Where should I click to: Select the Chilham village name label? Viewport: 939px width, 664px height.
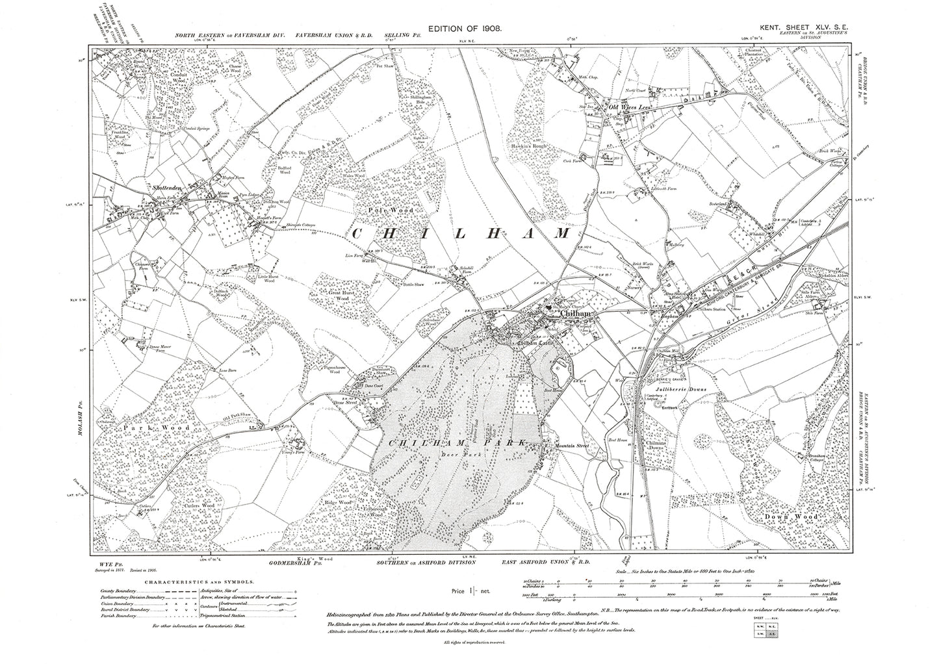[x=574, y=314]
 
